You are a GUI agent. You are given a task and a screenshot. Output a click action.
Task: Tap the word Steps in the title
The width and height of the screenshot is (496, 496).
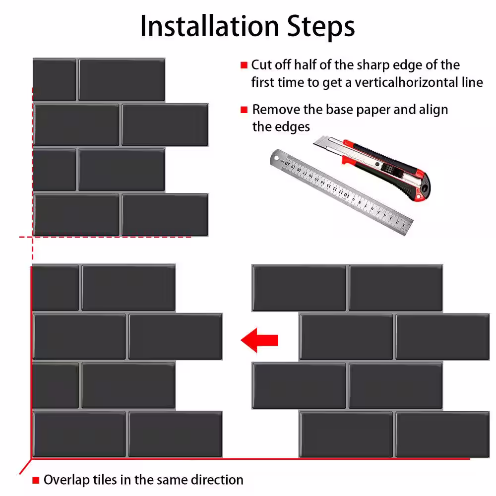(x=321, y=27)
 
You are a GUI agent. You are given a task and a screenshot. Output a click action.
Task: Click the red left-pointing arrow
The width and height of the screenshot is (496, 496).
(x=259, y=340)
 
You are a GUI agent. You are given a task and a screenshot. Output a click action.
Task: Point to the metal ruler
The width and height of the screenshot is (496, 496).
(x=341, y=191)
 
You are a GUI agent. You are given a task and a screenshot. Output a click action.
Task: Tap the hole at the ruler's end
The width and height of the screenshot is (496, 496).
(x=277, y=158)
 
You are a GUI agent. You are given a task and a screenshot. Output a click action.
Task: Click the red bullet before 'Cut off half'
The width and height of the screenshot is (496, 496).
(x=244, y=65)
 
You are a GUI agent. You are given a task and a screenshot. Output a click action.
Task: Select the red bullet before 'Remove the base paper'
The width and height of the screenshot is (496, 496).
(x=244, y=110)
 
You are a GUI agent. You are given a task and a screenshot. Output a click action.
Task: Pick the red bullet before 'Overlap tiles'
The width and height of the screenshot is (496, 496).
(x=36, y=481)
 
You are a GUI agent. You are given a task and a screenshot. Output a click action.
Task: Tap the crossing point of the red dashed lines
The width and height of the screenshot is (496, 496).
(x=32, y=237)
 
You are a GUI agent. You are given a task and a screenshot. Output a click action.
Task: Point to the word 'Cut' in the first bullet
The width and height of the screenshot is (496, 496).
(x=261, y=65)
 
